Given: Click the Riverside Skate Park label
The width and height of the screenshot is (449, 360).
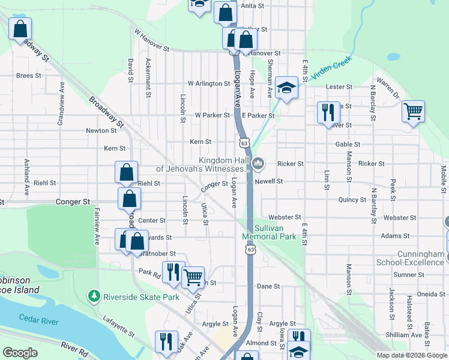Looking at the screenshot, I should coord(142,296).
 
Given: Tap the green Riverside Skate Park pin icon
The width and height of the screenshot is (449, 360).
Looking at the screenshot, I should coord(94,296).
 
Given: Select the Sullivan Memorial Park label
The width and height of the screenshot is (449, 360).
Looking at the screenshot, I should coord(270,232).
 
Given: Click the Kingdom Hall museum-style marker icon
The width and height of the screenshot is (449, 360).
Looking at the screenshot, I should coord(258,163).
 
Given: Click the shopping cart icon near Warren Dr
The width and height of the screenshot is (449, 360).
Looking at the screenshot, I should coord(413,111).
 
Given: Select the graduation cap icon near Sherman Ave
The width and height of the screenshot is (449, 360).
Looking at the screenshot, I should coord(287,89).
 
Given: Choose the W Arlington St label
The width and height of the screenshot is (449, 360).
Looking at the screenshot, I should coord(209,83).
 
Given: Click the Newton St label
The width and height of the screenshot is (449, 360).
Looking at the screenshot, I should coord(101,130).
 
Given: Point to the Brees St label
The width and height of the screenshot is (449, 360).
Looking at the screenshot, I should coord(28,76).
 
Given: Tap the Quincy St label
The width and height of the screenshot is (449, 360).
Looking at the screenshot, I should coord(352,200).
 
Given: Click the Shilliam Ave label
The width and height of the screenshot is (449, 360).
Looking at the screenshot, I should coord(402,335).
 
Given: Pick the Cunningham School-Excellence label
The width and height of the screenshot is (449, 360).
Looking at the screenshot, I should coord(411,258).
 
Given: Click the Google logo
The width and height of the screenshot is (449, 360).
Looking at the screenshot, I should coord(20,353).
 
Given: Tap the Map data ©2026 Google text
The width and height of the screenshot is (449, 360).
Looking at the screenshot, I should coord(411,355).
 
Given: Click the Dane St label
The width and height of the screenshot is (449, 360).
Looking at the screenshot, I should coord(268,286).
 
